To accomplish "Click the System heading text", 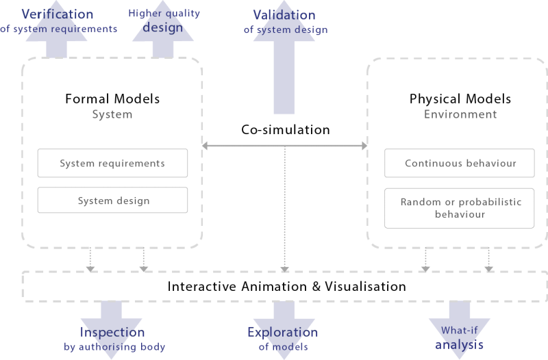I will [x=112, y=114].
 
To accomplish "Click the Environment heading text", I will [x=460, y=114].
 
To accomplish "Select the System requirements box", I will [x=112, y=164].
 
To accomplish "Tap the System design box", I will [x=112, y=201].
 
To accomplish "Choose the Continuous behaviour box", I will [x=460, y=164].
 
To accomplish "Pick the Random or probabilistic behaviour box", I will [x=460, y=208].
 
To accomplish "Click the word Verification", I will [x=57, y=14].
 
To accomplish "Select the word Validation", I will [x=284, y=14].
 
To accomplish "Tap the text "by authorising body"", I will [x=114, y=347].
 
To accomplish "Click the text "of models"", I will [x=283, y=347].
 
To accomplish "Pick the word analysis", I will [x=459, y=344].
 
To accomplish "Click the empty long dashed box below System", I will [x=284, y=286].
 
